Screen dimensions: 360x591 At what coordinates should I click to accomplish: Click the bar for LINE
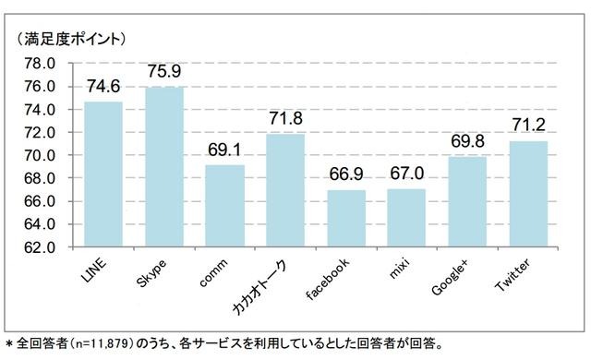103,174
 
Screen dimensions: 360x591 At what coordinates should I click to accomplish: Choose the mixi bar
406,218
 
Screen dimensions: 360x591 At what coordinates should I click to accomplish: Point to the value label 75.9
163,71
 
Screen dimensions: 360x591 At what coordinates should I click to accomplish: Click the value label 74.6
103,86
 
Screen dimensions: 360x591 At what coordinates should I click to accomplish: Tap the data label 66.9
346,175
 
